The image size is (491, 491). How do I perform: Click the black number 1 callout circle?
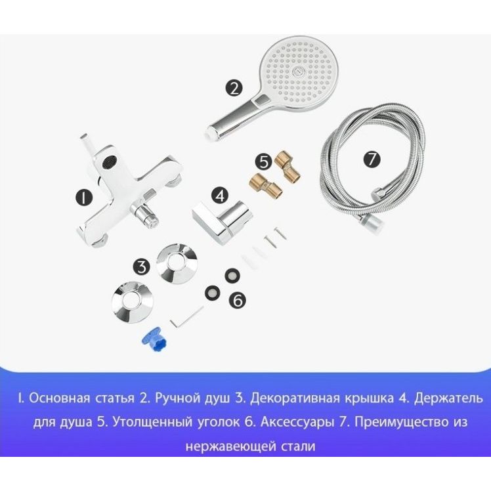[84, 197]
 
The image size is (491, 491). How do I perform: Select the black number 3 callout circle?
[141, 267]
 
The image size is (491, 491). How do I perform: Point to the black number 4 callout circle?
[221, 196]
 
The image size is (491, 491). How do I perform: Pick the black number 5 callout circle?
[264, 162]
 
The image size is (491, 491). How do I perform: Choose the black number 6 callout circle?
[238, 300]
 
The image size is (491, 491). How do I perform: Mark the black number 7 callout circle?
[372, 159]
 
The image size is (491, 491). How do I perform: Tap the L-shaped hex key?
[186, 317]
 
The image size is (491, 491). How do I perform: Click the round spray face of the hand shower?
[293, 74]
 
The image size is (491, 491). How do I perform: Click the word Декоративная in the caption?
[295, 398]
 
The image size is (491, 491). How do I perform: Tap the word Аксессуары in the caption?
[297, 422]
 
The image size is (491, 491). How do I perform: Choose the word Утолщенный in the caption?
[152, 422]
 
